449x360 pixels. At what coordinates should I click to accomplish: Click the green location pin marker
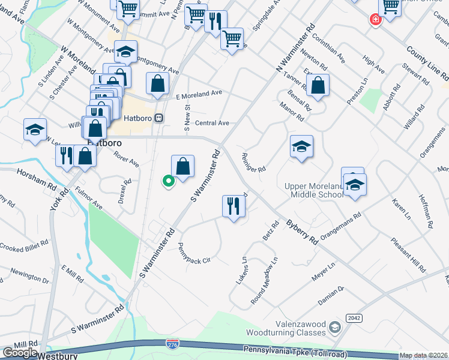coord(169,180)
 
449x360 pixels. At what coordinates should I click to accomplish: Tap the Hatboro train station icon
coord(158,118)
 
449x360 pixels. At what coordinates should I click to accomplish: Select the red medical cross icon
coord(376,19)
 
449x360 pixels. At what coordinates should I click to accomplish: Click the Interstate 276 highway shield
coord(172,343)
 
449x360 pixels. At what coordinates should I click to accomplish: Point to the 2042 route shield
coord(354,318)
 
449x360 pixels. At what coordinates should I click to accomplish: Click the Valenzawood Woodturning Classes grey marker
coord(334,327)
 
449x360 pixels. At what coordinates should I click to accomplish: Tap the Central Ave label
coord(212,123)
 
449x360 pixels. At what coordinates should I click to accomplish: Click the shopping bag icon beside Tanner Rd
coord(318,85)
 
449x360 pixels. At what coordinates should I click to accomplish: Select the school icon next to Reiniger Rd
coord(301,146)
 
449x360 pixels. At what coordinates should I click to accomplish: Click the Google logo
coord(19,353)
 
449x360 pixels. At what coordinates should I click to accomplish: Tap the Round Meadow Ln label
coord(265,281)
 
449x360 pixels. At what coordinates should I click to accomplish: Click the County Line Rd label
coord(427,64)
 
